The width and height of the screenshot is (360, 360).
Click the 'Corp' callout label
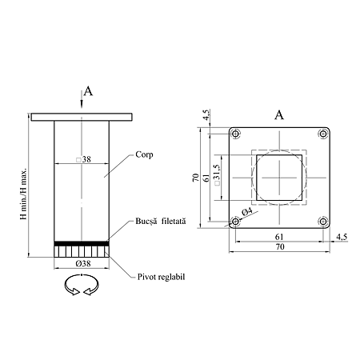click(x=144, y=155)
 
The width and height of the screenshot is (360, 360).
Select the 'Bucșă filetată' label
click(x=161, y=222)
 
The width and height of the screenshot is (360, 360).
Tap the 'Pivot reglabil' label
click(x=161, y=277)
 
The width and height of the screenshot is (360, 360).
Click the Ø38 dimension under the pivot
click(x=83, y=263)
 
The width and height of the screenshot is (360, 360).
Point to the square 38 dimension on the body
click(x=83, y=159)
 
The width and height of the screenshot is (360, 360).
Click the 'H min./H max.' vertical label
click(x=23, y=194)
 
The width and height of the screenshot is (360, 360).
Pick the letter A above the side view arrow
click(x=88, y=91)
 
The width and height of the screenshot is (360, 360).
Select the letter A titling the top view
click(x=279, y=115)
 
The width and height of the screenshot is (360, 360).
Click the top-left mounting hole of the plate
click(x=235, y=134)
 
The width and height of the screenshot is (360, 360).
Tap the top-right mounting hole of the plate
click(x=323, y=134)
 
